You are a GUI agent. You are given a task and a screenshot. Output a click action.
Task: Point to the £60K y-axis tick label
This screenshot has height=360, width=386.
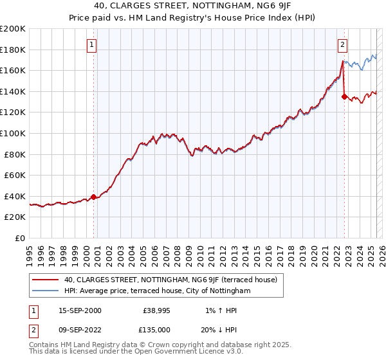(x=15, y=175)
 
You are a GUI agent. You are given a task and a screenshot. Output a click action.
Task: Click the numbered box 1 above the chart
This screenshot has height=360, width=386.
(x=93, y=45)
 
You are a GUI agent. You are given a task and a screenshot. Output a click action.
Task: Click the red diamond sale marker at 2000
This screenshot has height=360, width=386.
(x=94, y=197)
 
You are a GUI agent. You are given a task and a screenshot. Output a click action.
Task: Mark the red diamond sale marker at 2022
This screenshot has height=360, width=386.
(x=344, y=97)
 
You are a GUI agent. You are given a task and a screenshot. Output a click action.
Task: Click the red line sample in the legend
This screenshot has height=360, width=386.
(x=46, y=280)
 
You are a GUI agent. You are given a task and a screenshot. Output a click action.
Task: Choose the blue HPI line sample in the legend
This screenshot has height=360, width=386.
(x=46, y=291)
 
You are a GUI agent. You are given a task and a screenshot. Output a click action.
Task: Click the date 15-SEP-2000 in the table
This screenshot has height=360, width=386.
(x=80, y=310)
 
